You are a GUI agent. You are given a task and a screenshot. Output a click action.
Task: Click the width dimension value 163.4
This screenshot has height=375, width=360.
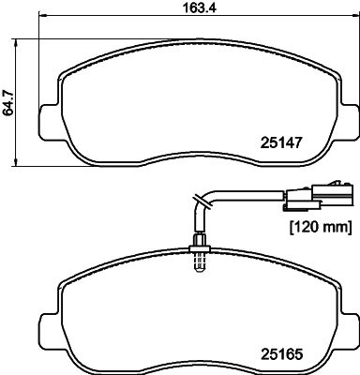point(199,7)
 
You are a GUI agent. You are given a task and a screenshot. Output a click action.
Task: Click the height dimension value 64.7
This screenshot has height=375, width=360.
point(8,102)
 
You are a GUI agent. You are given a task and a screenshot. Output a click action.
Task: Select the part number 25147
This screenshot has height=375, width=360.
point(281,142)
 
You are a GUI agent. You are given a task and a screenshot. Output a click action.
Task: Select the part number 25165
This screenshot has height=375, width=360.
point(281,354)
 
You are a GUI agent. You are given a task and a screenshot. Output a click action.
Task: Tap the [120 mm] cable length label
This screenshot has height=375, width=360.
point(320,227)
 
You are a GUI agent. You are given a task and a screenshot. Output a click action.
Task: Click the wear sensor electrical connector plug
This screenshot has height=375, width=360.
point(318,196)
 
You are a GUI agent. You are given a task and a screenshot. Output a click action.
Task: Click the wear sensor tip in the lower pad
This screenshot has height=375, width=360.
point(200,262)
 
